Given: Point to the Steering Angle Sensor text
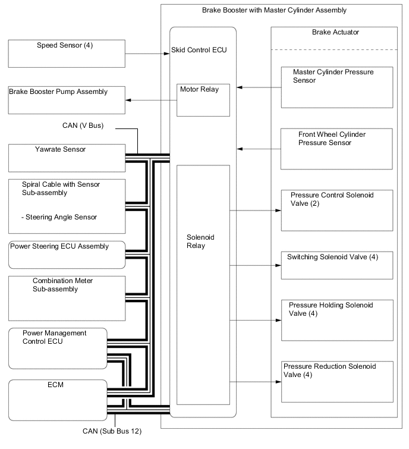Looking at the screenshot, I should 59,217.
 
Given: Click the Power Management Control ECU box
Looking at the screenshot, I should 57,348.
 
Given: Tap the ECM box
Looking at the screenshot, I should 57,395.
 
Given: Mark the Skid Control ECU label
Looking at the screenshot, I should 199,50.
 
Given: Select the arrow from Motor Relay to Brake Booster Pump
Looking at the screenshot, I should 152,100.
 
